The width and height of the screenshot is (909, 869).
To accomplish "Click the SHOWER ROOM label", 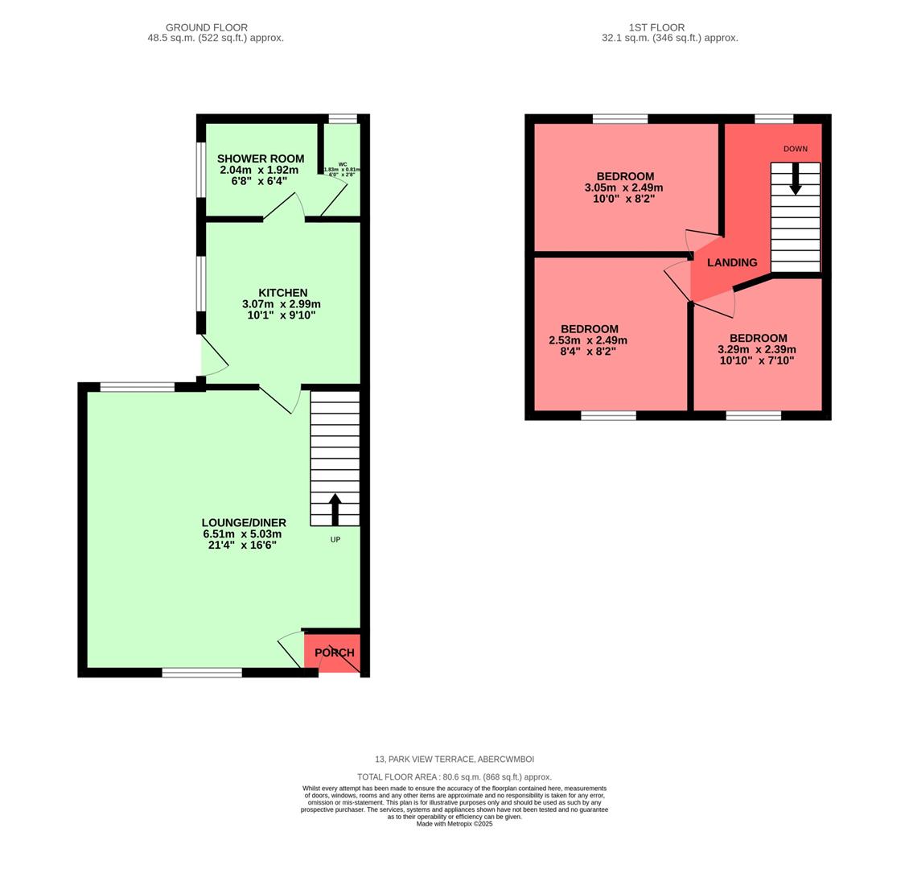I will (x=260, y=159).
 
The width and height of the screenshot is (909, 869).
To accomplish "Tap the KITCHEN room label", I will (x=282, y=293).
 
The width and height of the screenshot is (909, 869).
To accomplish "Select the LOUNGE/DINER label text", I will (x=244, y=523).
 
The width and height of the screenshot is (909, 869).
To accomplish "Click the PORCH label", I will (x=334, y=653).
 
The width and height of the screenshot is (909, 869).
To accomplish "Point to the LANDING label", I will (x=731, y=262).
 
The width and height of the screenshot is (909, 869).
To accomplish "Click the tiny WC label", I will (x=343, y=163).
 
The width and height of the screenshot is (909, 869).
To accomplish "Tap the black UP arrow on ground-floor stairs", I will (x=335, y=509).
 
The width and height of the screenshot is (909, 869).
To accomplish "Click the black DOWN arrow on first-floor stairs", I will (x=795, y=179).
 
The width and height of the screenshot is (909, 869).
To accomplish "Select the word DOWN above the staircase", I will (x=795, y=149).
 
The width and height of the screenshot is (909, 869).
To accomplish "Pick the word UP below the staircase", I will (x=335, y=539).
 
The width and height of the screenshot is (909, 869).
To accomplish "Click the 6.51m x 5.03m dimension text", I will (x=242, y=534).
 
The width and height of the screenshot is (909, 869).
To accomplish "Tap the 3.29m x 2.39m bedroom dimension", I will (x=757, y=349).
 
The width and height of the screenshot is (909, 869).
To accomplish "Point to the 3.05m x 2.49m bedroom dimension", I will (x=624, y=187).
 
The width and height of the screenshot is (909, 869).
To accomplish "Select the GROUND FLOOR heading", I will (x=207, y=27).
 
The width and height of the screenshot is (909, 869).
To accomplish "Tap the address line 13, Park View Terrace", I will (x=454, y=760).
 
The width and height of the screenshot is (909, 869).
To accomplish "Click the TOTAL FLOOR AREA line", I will (x=454, y=777).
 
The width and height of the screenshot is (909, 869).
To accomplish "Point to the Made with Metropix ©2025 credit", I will (x=454, y=824).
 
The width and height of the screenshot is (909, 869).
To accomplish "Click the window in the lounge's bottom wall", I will (x=202, y=673).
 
